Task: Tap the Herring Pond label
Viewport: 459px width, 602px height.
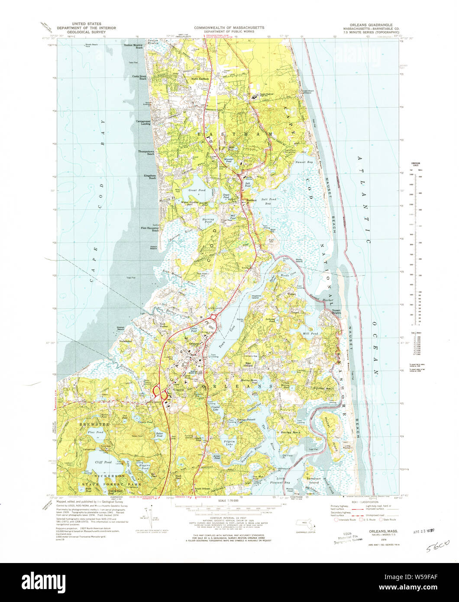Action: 208,221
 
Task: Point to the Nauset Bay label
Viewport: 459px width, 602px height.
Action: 304,162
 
